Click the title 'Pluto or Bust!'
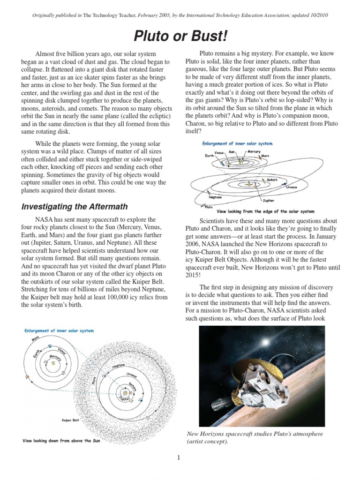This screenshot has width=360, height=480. (180, 36)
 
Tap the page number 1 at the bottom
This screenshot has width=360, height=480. (179, 458)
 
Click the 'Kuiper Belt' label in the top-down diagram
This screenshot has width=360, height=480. (70, 420)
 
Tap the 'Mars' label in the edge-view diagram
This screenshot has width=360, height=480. (265, 156)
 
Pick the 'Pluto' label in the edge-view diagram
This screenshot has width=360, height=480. (210, 206)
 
